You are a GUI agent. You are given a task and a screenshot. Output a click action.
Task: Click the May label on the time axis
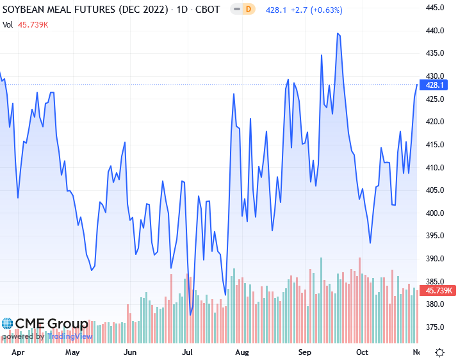tap(72, 352)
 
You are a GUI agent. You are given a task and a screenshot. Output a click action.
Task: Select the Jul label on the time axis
tap(188, 352)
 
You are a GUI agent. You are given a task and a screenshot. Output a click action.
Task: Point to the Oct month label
tap(362, 352)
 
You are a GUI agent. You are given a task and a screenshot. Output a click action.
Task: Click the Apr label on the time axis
tap(19, 352)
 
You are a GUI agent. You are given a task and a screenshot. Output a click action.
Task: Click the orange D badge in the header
tap(248, 10)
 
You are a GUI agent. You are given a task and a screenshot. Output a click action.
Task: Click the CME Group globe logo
tap(8, 324)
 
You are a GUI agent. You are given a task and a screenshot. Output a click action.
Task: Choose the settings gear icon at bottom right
tap(440, 352)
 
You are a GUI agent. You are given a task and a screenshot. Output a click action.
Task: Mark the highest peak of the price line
tap(338, 33)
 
